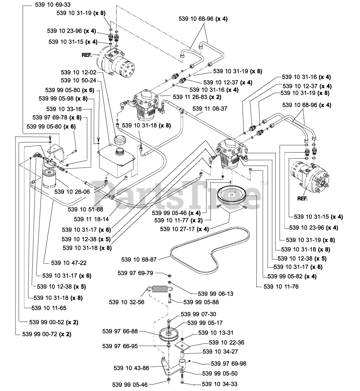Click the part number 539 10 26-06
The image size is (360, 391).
point(72,192)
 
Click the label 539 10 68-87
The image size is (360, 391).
point(139,260)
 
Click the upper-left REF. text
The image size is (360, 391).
point(87,55)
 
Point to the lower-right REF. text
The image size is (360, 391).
point(302,198)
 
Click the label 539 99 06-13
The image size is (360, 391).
point(215,294)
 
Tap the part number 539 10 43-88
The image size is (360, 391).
point(131,368)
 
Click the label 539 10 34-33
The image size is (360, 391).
point(219,384)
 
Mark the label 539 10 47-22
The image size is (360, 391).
point(67,263)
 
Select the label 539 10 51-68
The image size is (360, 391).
point(85,210)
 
